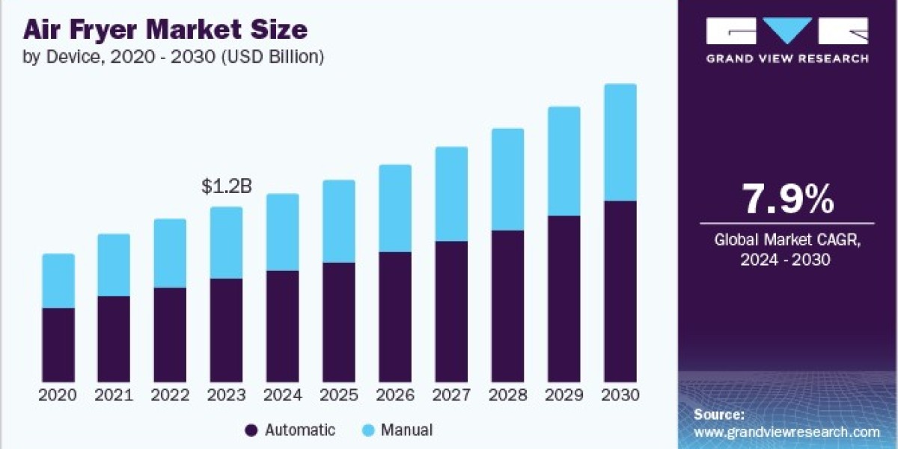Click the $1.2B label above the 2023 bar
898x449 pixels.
(x=227, y=186)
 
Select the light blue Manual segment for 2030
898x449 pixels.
(x=620, y=142)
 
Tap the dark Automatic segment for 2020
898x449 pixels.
(x=58, y=345)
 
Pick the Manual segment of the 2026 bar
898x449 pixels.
(x=395, y=209)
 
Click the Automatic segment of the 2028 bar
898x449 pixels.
(x=507, y=306)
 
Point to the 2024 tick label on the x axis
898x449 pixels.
(x=283, y=395)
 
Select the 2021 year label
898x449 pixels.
(x=114, y=395)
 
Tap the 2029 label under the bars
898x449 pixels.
(x=564, y=395)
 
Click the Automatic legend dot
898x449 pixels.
(x=251, y=430)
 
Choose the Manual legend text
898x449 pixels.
(x=406, y=430)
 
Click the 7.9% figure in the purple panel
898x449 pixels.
(x=788, y=199)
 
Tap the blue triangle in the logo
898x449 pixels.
(x=787, y=31)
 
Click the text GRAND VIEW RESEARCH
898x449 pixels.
(x=787, y=59)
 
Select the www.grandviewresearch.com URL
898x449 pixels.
(x=787, y=433)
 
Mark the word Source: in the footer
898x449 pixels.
(x=719, y=415)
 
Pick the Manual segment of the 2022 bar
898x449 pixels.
(x=170, y=254)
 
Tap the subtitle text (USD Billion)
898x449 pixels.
(x=272, y=57)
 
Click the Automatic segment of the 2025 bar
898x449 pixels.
(x=339, y=323)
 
